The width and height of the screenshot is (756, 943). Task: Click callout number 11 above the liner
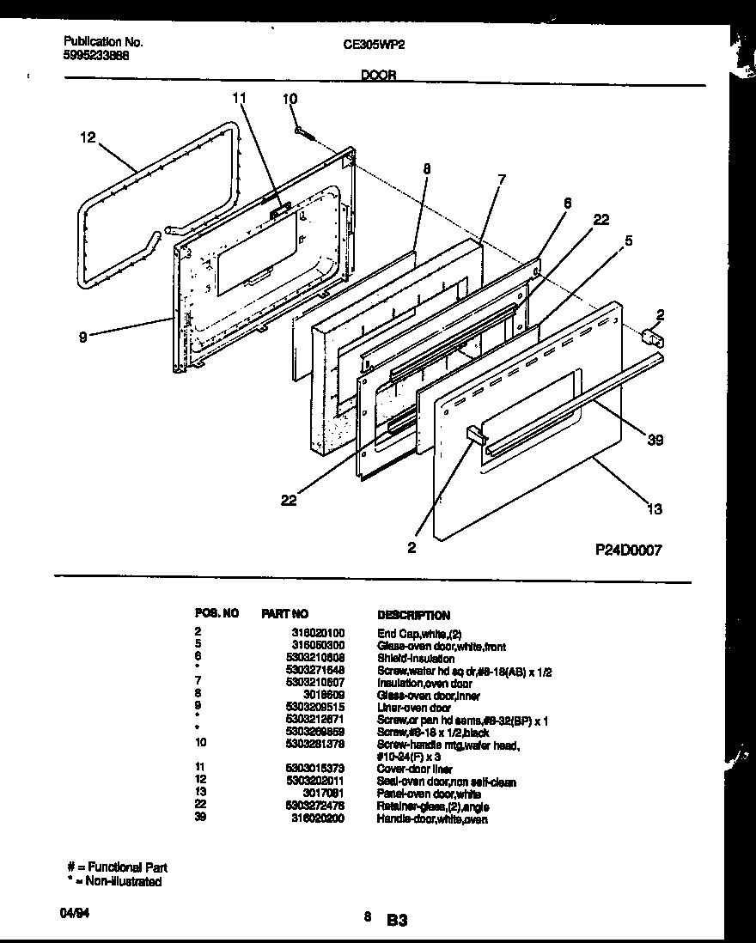pos(239,99)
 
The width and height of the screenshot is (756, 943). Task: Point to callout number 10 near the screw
pos(290,100)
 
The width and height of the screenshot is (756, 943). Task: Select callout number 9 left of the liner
pos(82,338)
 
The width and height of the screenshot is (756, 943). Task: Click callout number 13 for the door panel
pos(655,509)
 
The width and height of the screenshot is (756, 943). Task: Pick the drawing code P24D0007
pos(626,550)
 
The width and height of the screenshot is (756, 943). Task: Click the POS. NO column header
pos(216,615)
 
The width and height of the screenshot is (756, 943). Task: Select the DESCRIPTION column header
pos(413,615)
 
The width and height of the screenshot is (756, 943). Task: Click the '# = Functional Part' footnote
pos(118,867)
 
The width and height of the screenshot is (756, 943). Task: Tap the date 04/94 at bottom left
pos(76,916)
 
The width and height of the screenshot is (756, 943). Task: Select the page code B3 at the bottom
pos(396,921)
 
